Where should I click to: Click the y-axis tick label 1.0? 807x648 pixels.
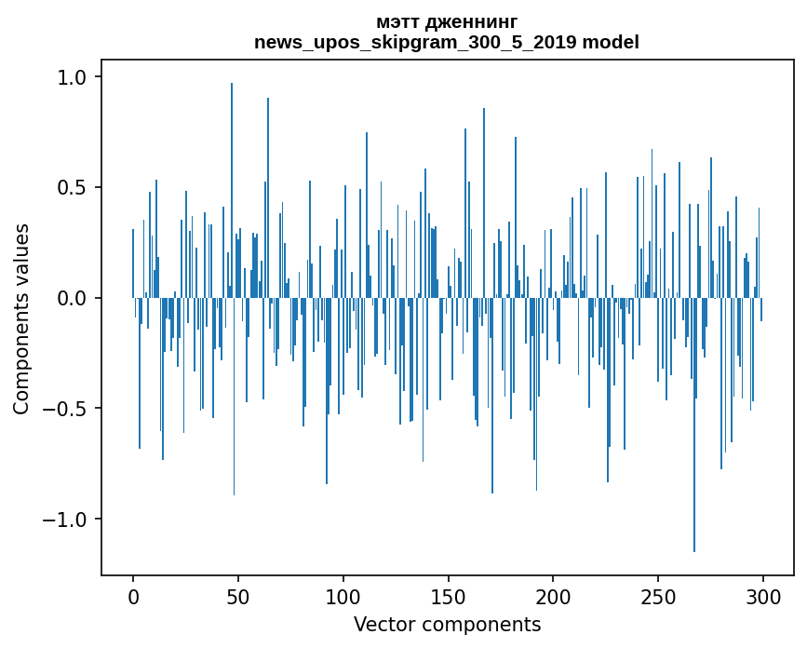click(73, 77)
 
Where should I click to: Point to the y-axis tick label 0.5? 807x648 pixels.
click(73, 188)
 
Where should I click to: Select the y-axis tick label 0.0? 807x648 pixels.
click(73, 298)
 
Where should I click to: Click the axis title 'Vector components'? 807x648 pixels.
click(447, 624)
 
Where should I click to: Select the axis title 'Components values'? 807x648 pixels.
click(21, 318)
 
